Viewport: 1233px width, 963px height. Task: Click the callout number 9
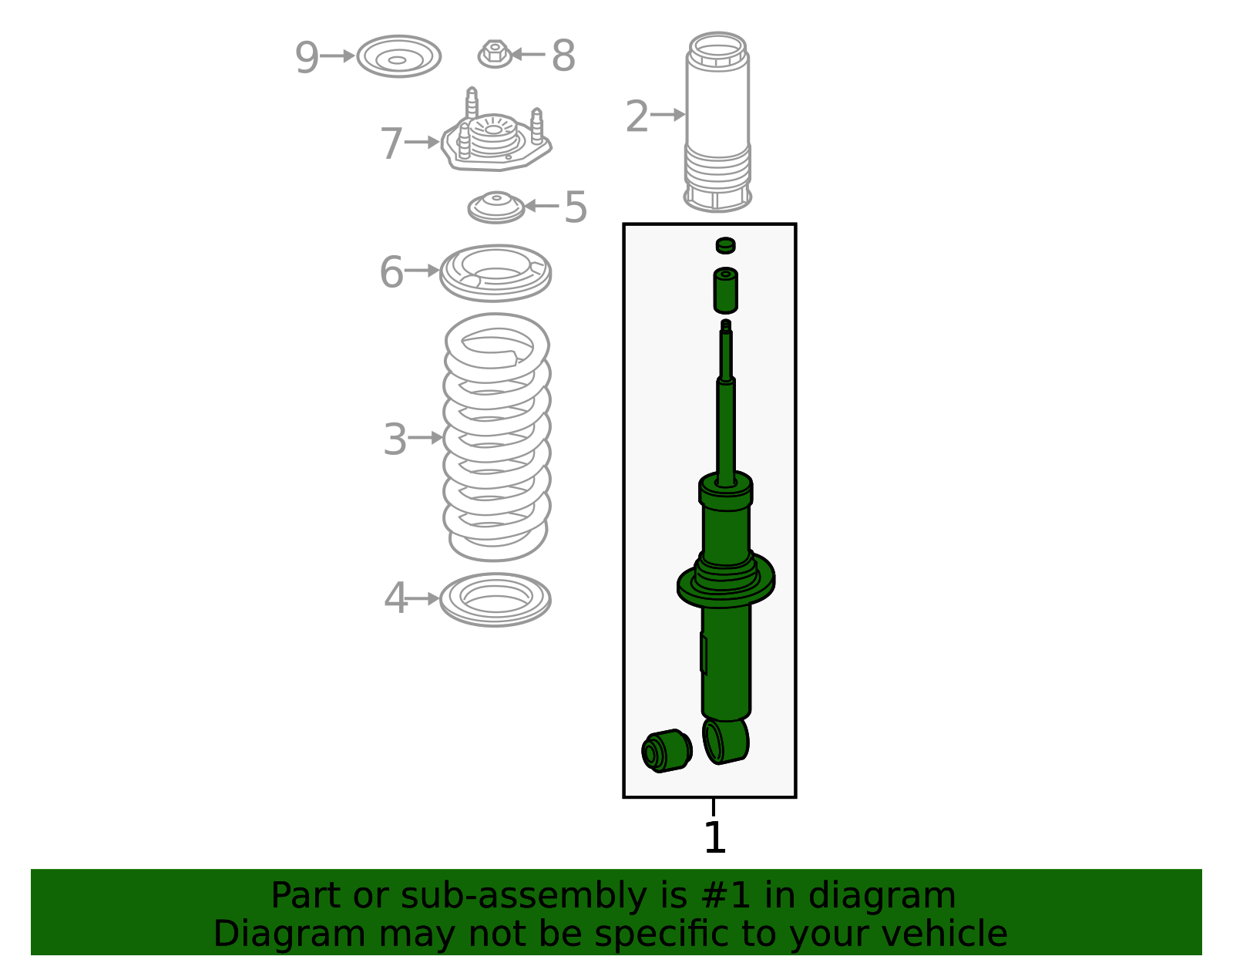307,57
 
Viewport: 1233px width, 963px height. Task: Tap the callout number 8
563,56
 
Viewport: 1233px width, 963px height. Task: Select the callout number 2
637,116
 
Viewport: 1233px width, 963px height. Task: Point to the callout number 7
391,143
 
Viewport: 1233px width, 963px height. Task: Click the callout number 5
576,207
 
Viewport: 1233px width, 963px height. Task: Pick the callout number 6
391,272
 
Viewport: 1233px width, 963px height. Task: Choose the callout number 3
395,439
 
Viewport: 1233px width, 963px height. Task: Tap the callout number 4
395,598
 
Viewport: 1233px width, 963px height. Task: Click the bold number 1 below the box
714,837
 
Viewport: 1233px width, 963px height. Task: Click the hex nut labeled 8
495,54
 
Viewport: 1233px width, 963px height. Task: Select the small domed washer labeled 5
496,207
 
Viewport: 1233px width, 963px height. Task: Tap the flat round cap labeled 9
399,56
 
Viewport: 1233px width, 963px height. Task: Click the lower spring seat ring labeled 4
496,600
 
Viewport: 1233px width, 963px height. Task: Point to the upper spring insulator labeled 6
496,273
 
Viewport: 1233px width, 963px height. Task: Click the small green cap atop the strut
725,246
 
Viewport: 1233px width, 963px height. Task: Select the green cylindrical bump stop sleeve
725,290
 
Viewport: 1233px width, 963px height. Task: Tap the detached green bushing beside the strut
667,751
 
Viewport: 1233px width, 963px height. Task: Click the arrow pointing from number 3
425,437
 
